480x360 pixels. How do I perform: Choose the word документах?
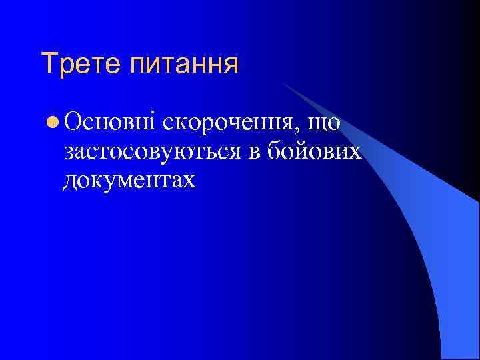coord(130,180)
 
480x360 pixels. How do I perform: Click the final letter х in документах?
coord(191,181)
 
